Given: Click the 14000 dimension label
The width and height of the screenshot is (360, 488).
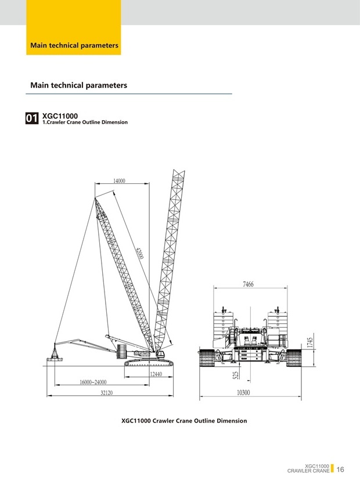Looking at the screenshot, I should [119, 181].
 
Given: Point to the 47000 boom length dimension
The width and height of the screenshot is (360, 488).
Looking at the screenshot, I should [139, 255].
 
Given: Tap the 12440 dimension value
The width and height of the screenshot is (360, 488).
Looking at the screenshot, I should [156, 374].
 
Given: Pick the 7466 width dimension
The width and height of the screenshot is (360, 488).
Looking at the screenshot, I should [248, 284].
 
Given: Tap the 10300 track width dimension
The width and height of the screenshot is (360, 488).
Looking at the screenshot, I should [247, 393].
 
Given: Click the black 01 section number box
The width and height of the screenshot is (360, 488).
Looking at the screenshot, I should [32, 118].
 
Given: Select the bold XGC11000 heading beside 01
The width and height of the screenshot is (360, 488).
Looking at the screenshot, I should [60, 115].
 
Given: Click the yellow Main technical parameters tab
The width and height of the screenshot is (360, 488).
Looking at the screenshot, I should [74, 45].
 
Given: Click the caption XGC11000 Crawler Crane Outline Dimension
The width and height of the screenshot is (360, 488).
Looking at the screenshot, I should [183, 421].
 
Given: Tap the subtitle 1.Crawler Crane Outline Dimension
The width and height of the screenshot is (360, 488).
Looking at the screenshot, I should [85, 122].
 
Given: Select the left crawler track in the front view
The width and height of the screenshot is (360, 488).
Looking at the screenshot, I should [207, 359].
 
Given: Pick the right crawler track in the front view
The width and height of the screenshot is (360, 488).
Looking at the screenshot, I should [294, 359].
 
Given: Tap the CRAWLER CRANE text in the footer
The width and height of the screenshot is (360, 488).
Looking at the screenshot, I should [308, 471].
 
